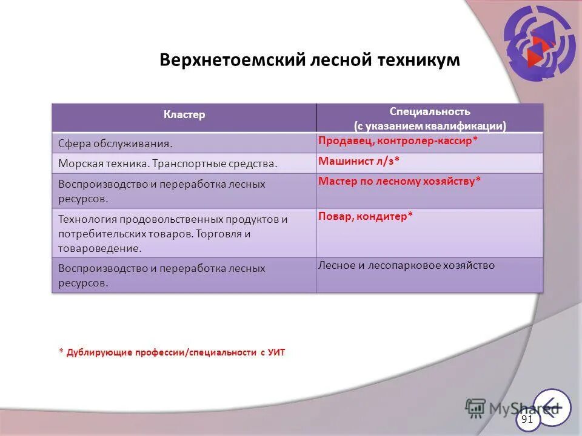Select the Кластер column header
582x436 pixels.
click(184, 114)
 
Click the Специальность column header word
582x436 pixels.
click(430, 112)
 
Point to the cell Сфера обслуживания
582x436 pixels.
click(115, 144)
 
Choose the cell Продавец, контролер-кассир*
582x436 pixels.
click(398, 140)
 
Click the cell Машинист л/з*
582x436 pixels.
click(359, 160)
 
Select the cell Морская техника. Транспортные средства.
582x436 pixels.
click(168, 163)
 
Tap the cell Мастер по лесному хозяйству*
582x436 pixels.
click(400, 180)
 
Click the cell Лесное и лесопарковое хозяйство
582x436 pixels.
click(406, 265)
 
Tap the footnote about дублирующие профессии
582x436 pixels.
click(172, 352)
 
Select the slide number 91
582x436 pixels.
click(527, 419)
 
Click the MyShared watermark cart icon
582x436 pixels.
click(477, 408)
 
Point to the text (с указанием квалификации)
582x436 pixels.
click(430, 126)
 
